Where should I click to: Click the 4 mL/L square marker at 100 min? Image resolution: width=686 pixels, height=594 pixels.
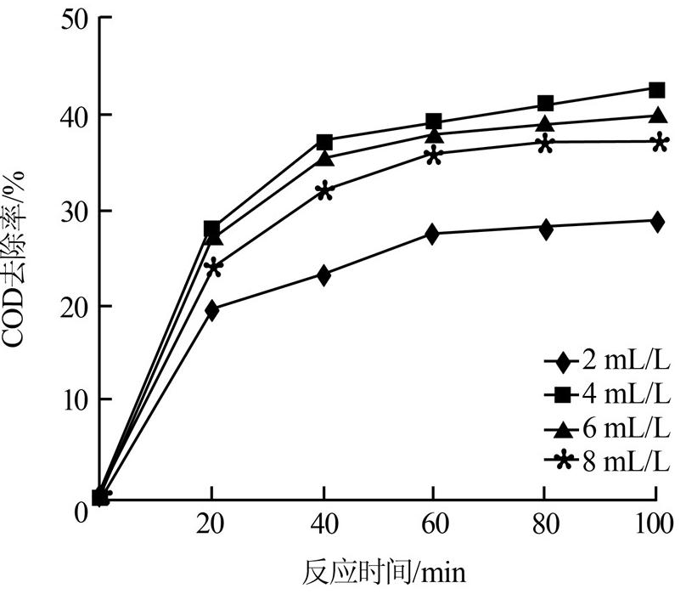tap(656, 89)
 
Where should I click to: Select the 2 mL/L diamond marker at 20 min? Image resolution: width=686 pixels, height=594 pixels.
tap(211, 310)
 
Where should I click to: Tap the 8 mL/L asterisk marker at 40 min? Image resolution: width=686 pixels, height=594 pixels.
tap(323, 191)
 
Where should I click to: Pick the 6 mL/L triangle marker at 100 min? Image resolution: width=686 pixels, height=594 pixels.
tap(656, 116)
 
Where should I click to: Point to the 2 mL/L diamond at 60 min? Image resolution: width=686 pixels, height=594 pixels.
tap(433, 234)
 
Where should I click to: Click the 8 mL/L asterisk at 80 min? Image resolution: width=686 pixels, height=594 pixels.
tap(545, 143)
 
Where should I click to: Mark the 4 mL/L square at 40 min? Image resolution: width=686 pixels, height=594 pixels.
tap(323, 141)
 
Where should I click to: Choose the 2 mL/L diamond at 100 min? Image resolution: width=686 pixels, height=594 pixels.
tap(656, 222)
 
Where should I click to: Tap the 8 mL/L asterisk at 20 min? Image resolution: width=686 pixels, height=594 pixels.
tap(212, 268)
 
